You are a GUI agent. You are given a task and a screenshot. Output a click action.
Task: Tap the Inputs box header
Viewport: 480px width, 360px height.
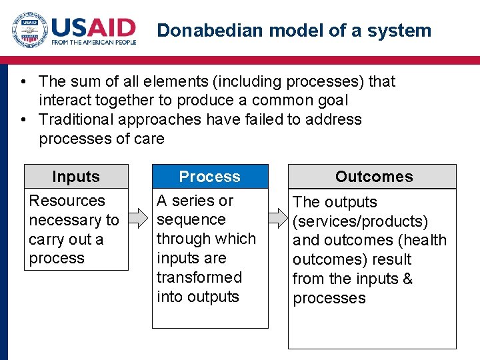[x=76, y=177]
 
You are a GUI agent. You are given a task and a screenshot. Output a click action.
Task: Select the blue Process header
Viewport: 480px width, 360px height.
[x=210, y=177]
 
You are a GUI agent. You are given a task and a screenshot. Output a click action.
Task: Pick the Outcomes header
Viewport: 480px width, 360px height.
[x=373, y=177]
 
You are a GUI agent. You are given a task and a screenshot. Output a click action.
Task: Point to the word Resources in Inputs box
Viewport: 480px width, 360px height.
[x=67, y=201]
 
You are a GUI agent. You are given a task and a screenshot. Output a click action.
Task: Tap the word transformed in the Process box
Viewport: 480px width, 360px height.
[x=199, y=277]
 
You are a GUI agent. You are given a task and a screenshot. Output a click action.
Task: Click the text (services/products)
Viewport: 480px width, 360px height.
[x=360, y=221]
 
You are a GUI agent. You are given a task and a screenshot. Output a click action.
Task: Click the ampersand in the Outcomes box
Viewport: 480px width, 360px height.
[x=407, y=279]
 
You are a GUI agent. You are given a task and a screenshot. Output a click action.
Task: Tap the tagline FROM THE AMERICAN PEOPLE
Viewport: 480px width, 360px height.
[x=94, y=42]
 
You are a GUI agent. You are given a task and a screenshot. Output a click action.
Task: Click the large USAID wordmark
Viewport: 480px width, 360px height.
[x=94, y=27]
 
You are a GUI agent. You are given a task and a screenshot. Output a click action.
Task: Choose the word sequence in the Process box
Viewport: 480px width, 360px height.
[x=191, y=220]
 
